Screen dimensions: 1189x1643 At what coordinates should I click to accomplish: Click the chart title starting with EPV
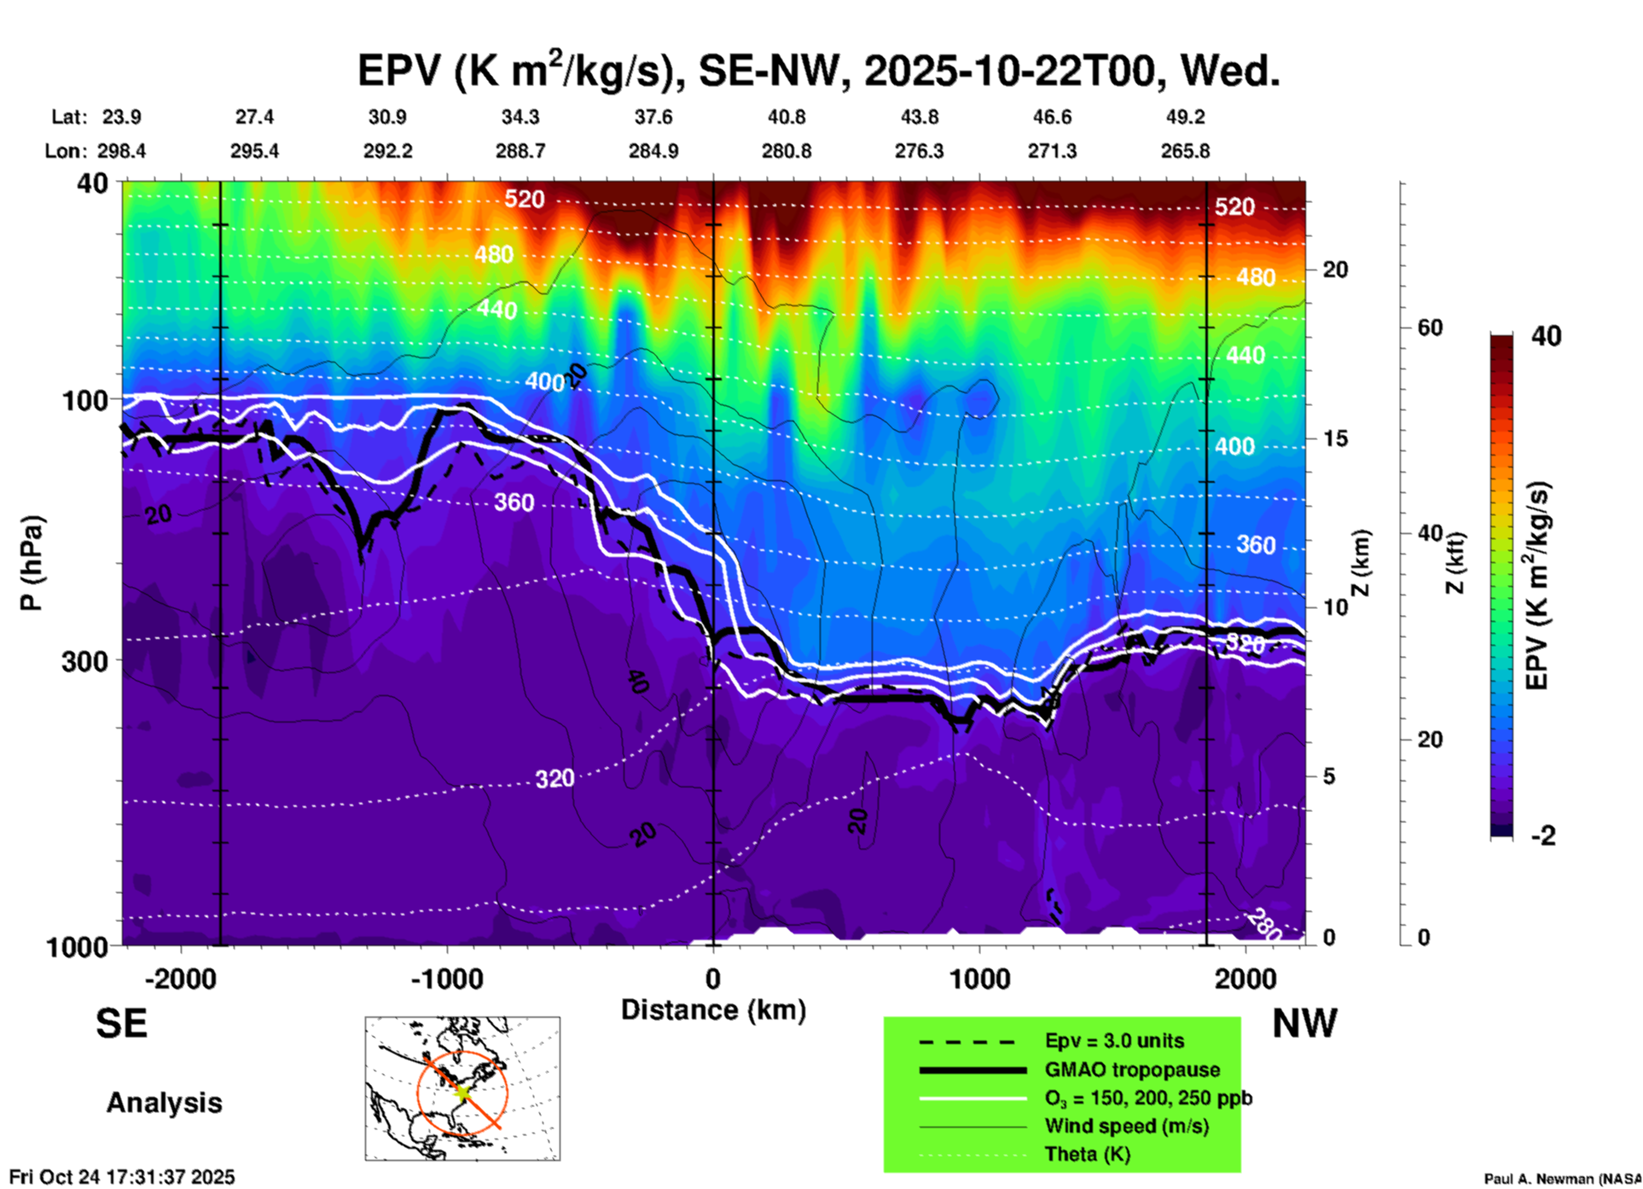pos(818,71)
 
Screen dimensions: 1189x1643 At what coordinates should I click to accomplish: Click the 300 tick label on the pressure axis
pos(84,660)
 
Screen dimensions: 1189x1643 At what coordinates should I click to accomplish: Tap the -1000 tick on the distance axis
pos(447,978)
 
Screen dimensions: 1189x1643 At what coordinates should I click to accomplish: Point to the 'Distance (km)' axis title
pos(713,1010)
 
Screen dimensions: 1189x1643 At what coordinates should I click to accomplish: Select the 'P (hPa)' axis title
pos(32,563)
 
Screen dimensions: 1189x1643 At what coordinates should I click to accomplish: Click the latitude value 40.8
pos(786,117)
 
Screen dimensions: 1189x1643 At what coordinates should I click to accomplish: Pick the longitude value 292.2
pos(388,151)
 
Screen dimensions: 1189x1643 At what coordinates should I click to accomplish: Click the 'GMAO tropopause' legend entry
pos(1132,1070)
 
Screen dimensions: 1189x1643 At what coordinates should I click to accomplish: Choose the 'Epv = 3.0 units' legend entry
pos(1114,1041)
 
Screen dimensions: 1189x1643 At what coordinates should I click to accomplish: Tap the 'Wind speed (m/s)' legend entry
pos(1126,1126)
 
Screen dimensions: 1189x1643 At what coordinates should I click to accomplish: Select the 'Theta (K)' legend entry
pos(1087,1154)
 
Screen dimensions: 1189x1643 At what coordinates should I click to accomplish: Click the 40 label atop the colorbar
pos(1546,336)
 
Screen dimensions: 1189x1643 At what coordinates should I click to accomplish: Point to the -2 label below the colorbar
pos(1543,836)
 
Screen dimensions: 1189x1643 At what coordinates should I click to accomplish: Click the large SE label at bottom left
pos(121,1024)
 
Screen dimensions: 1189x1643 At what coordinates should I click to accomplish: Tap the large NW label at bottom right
pos(1304,1024)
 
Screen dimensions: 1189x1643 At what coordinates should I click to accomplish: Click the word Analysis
pos(164,1103)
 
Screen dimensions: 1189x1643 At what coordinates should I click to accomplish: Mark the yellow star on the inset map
pos(462,1091)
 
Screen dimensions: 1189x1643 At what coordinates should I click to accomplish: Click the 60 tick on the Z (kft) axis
pos(1430,328)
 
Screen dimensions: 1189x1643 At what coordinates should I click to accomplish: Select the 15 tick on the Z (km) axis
pos(1335,438)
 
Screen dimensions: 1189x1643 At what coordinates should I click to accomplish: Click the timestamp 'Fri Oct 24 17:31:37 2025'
pos(122,1177)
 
